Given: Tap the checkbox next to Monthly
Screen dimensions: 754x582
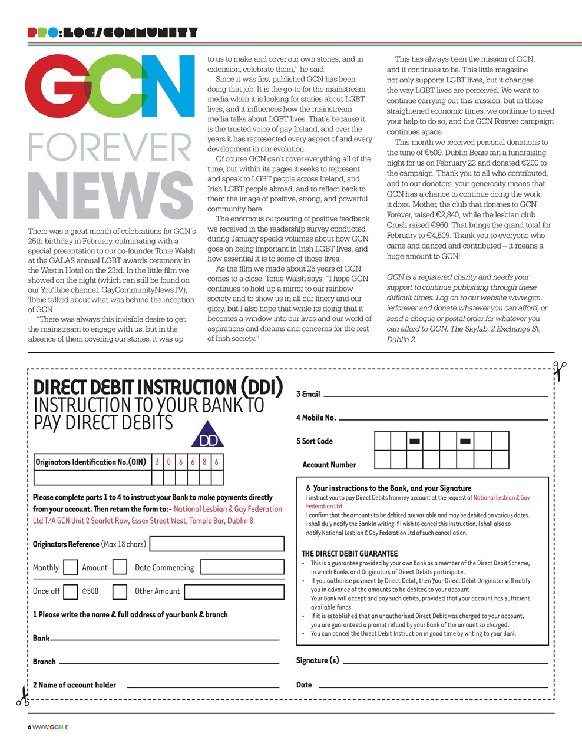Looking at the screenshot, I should tap(70, 567).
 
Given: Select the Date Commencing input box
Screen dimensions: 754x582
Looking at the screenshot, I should tap(242, 567).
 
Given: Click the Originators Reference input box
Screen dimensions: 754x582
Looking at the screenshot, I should tap(217, 544).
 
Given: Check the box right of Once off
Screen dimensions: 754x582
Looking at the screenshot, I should tap(70, 591).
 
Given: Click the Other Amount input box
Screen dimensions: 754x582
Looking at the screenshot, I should tap(234, 591).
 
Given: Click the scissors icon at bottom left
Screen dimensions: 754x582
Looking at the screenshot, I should tap(22, 696).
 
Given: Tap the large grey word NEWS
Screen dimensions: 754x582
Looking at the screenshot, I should tap(111, 196).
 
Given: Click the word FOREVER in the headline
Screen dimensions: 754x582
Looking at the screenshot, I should tap(110, 148).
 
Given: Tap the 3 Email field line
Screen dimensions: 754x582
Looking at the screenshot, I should tap(435, 395).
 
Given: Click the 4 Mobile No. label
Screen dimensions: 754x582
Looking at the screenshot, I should tap(316, 418).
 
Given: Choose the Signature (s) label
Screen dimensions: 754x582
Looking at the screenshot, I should tap(318, 660).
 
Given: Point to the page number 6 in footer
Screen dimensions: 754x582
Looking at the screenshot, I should tap(29, 727).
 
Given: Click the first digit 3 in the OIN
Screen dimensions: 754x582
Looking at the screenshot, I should tap(157, 462).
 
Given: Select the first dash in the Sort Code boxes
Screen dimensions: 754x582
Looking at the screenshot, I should tap(415, 441).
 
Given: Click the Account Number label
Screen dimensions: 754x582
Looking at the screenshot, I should tap(329, 465).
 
